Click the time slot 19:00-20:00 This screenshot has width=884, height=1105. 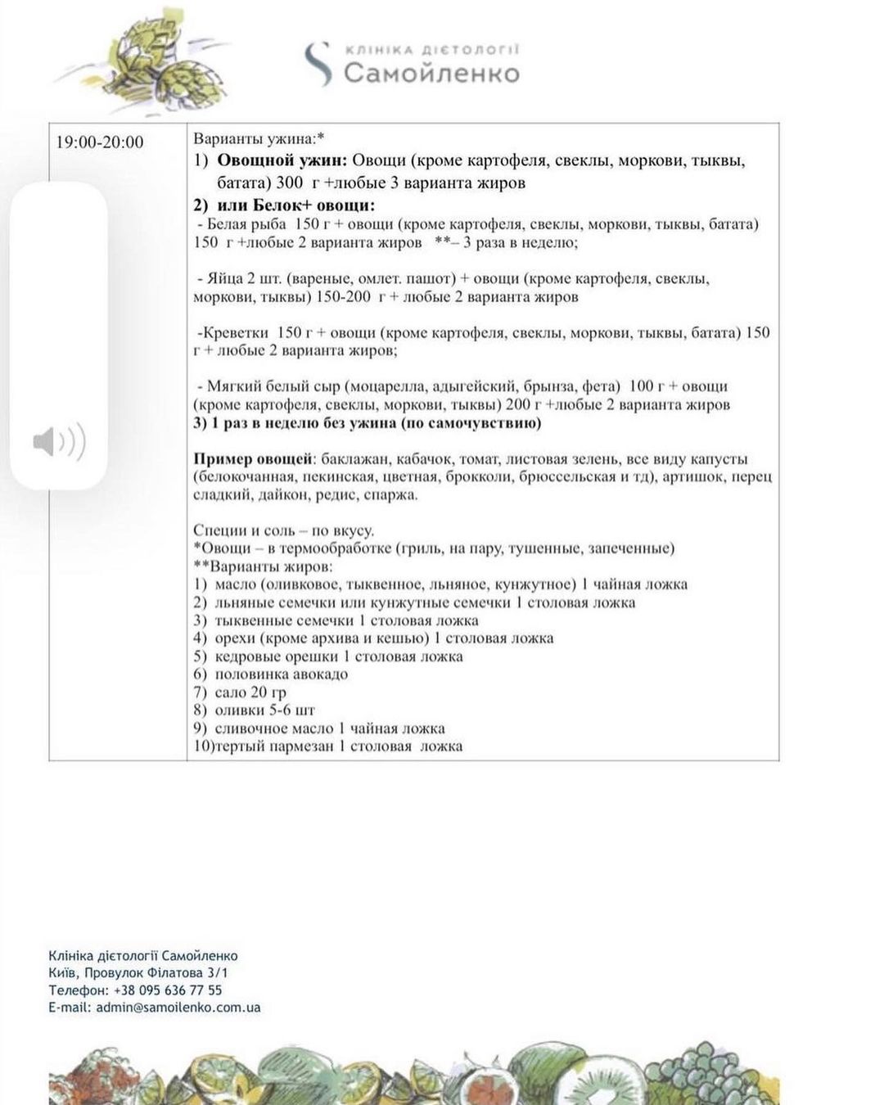coord(100,142)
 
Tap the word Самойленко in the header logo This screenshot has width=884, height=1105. coord(431,74)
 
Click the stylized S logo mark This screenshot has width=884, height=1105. coord(318,64)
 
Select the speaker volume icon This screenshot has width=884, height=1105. coord(59,443)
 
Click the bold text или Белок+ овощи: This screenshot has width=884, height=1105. coord(296,205)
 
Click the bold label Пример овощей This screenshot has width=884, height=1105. coord(254,458)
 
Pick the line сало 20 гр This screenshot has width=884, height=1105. coord(250,692)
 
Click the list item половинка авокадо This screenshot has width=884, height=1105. coord(281,674)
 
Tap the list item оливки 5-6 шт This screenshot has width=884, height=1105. coord(264,710)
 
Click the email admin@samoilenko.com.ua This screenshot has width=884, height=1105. coord(178,1008)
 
